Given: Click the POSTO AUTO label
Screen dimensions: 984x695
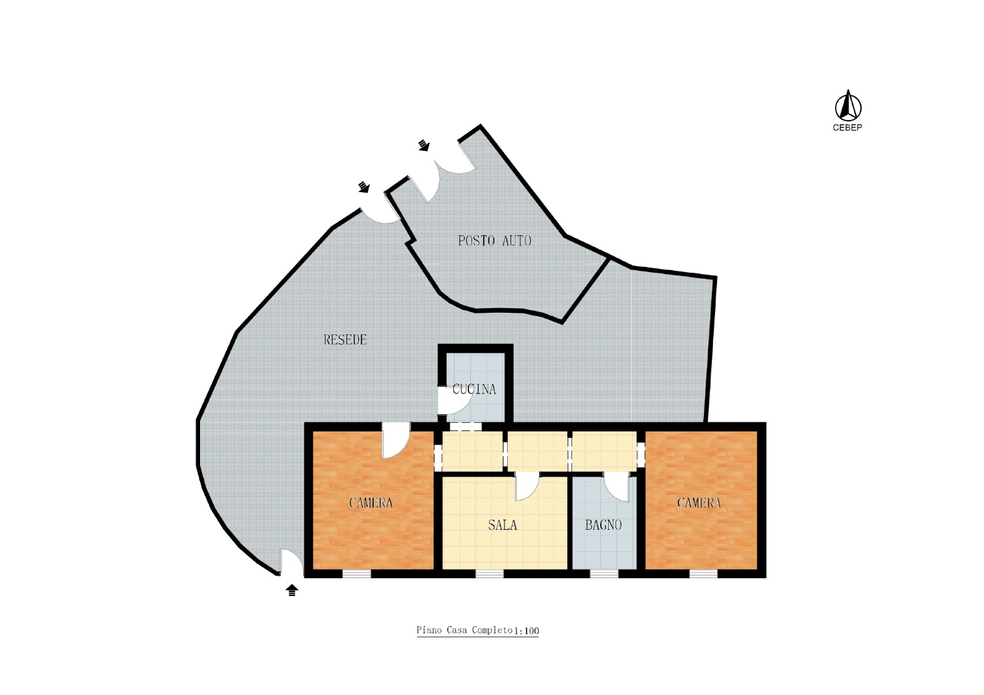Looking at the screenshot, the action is [x=495, y=241].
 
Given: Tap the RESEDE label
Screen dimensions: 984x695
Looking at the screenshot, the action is [x=345, y=340].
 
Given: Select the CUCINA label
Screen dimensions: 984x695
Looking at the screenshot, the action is [x=474, y=389].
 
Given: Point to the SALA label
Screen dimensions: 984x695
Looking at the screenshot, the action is [x=502, y=525].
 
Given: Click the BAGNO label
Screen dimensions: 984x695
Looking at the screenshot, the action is [x=603, y=525].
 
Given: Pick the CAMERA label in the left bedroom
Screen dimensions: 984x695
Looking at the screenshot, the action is [x=371, y=502].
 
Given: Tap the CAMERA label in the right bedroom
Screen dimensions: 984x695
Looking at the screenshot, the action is [x=699, y=502].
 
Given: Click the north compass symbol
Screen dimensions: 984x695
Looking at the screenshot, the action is [x=848, y=106].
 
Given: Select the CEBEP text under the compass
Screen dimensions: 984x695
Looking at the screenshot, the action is [x=848, y=128].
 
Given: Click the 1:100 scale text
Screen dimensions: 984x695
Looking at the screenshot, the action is [x=526, y=631].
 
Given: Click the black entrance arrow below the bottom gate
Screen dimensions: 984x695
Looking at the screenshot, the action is [x=292, y=590].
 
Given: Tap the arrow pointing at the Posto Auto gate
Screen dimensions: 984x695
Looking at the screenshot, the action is [x=424, y=145].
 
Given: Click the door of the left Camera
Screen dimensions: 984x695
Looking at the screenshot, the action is [x=396, y=441].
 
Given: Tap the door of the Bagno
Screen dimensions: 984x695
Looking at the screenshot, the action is [x=617, y=487].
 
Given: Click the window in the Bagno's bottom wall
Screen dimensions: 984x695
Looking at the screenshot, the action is [x=604, y=574].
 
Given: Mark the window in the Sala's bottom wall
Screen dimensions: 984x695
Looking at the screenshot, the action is [x=489, y=574].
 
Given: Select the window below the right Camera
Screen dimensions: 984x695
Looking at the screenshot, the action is [x=703, y=574].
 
